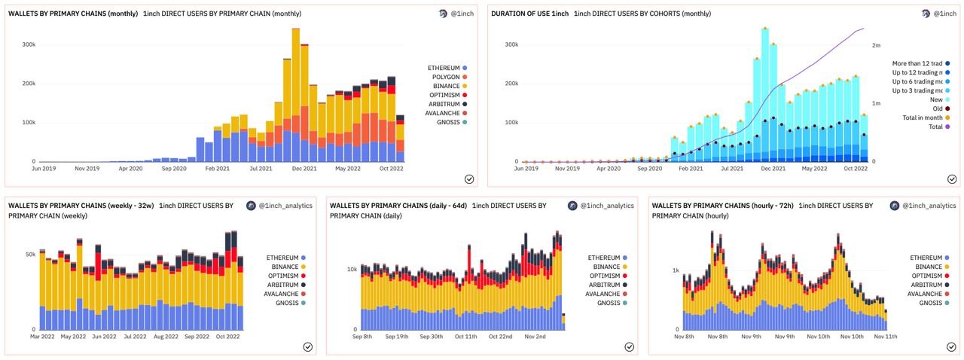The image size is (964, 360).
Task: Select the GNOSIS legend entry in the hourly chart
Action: pos(924,303)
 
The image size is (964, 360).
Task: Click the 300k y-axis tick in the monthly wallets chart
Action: pos(29,44)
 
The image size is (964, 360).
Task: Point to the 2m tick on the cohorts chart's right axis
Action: pos(877,46)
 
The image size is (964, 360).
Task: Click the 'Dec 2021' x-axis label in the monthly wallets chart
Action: pos(304,169)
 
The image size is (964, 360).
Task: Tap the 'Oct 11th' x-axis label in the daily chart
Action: pos(465,337)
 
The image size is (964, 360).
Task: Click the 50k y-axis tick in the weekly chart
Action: pos(30,255)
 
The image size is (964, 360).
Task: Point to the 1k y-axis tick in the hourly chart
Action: pos(676,270)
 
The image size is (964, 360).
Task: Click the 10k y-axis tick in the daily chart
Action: pos(351,269)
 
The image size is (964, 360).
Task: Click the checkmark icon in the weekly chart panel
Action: pos(308,346)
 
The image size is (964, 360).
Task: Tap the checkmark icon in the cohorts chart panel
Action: pos(951,179)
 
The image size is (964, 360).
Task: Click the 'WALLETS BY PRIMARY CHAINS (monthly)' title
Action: pos(72,14)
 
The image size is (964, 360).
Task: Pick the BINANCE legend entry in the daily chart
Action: pos(607,267)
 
